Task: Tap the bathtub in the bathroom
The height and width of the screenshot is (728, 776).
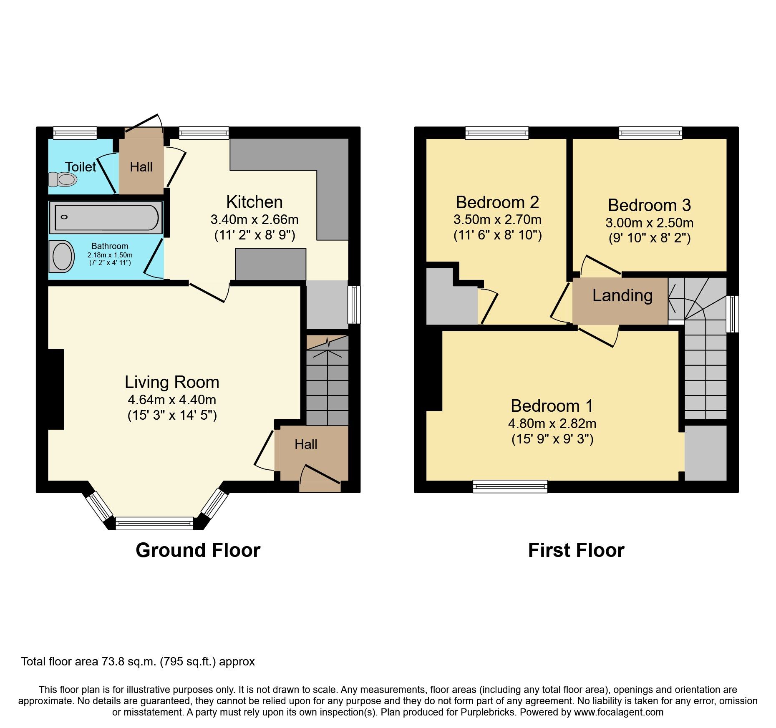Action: pyautogui.click(x=106, y=217)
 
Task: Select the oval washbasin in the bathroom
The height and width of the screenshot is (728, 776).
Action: pyautogui.click(x=62, y=256)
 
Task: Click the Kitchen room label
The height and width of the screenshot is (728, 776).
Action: pyautogui.click(x=254, y=202)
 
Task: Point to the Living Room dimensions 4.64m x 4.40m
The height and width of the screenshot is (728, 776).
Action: pyautogui.click(x=172, y=400)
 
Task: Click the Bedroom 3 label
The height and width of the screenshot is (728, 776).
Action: pyautogui.click(x=649, y=205)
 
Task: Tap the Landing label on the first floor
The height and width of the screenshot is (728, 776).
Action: pyautogui.click(x=622, y=295)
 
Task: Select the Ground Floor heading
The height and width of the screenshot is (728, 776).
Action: pyautogui.click(x=198, y=550)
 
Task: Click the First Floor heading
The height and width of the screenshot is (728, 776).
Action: pyautogui.click(x=576, y=550)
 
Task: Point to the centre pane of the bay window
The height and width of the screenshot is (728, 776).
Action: pyautogui.click(x=154, y=523)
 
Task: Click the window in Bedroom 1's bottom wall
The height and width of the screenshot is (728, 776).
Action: pyautogui.click(x=510, y=486)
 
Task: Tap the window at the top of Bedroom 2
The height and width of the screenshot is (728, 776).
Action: pyautogui.click(x=497, y=133)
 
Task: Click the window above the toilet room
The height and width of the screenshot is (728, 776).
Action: pyautogui.click(x=75, y=133)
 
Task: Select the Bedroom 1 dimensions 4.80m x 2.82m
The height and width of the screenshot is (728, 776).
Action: pyautogui.click(x=552, y=423)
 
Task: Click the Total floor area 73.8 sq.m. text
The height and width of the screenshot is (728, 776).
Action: pyautogui.click(x=138, y=662)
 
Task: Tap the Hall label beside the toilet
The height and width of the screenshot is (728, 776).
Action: pyautogui.click(x=141, y=167)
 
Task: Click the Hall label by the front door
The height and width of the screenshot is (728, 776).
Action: pyautogui.click(x=306, y=444)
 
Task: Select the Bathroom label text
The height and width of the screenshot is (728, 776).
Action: pyautogui.click(x=110, y=246)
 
